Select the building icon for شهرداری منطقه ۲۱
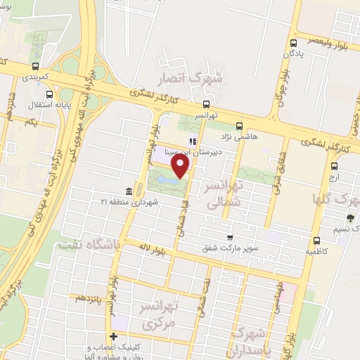click(x=129, y=192)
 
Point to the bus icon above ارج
click(x=333, y=167)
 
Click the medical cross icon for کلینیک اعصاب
click(x=113, y=336)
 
